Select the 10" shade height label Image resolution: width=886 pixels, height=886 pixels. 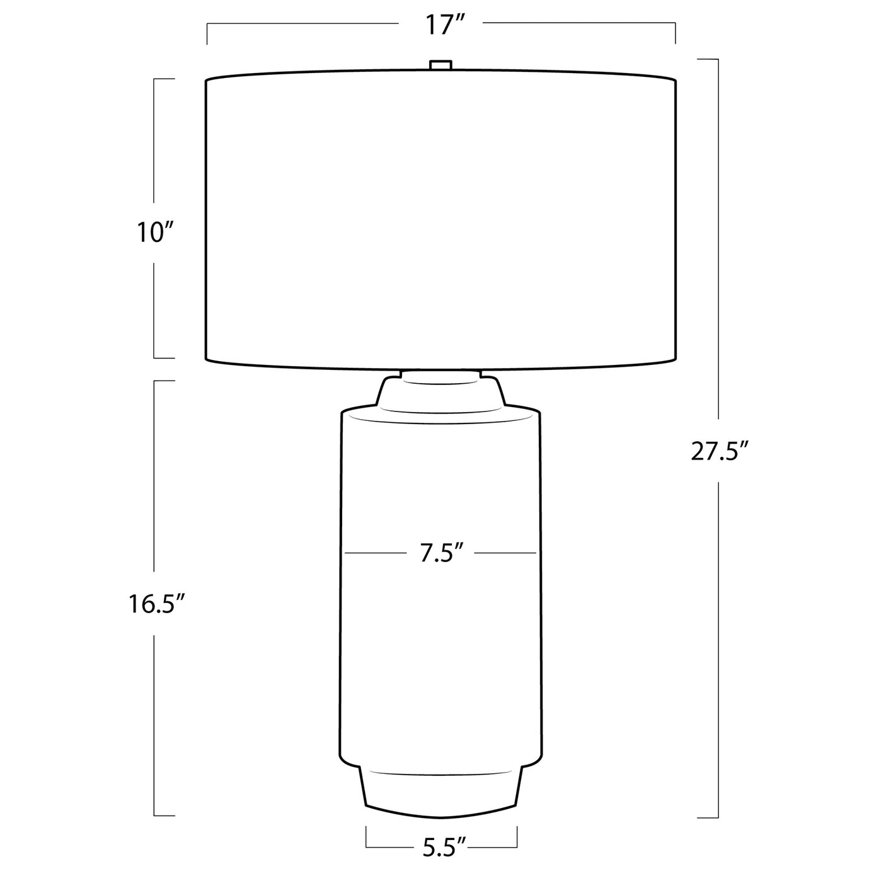tap(155, 233)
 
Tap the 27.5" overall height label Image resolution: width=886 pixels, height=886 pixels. tap(719, 452)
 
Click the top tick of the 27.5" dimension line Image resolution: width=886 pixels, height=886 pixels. tap(708, 59)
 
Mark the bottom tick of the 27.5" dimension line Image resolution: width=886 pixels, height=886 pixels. tap(708, 817)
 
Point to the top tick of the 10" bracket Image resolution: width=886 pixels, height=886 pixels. tap(164, 79)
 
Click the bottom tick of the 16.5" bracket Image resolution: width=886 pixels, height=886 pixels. tap(164, 816)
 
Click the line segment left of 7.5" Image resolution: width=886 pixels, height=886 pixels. tap(376, 553)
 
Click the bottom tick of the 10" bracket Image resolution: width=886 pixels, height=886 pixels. tap(164, 358)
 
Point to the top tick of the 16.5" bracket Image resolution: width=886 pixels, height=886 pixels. tap(164, 381)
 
